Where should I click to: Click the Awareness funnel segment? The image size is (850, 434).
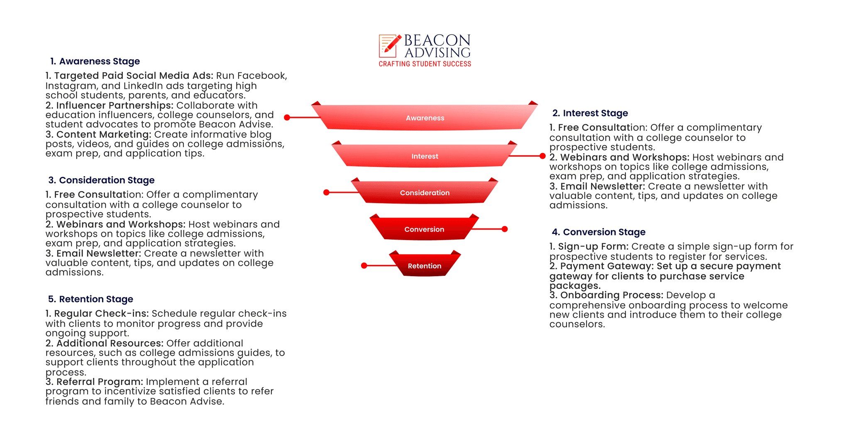tap(425, 118)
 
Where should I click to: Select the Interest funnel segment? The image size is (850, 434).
tap(425, 156)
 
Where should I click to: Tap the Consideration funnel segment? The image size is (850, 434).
tap(425, 192)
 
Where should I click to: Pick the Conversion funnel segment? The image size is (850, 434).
tap(425, 229)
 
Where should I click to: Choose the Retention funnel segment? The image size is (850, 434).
tap(425, 265)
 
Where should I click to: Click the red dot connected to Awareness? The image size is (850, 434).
tap(287, 118)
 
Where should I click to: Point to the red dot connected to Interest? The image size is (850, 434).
tap(542, 156)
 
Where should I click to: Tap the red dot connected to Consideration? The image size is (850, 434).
tap(326, 192)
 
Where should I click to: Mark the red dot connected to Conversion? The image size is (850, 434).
tap(505, 229)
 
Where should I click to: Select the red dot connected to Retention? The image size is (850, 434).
tap(364, 265)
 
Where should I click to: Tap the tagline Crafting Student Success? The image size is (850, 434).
tap(425, 64)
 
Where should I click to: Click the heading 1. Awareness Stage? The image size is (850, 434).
tap(95, 61)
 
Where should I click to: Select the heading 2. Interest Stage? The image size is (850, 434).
tap(590, 113)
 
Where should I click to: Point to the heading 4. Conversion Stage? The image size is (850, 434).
tap(598, 232)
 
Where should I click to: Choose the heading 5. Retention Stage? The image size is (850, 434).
tap(90, 299)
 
